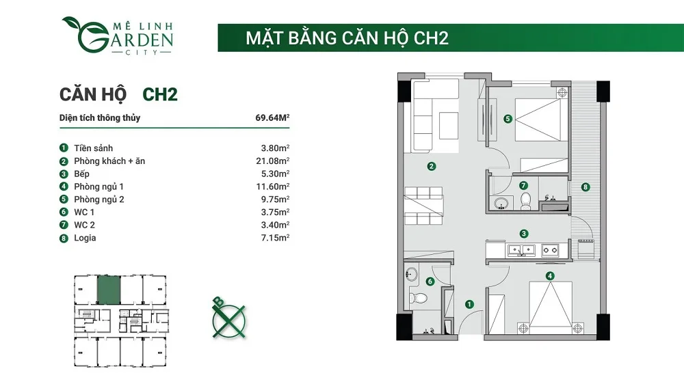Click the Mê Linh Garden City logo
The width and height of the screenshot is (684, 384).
click(117, 36)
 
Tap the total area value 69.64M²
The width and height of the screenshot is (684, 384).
click(272, 118)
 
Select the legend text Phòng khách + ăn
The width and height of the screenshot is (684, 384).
click(109, 161)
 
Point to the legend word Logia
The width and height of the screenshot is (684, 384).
click(85, 238)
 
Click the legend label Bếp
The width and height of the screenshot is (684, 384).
click(82, 174)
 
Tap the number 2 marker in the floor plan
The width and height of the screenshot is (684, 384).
click(432, 165)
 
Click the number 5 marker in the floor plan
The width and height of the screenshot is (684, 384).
click(508, 118)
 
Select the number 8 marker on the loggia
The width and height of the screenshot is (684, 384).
click(586, 187)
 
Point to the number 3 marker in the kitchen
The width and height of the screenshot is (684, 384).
click(524, 233)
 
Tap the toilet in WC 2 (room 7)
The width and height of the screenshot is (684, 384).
click(526, 200)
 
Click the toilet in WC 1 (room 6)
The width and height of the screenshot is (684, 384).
click(420, 298)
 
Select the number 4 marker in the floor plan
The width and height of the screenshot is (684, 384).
click(550, 276)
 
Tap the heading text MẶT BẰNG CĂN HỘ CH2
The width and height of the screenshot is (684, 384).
click(347, 38)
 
